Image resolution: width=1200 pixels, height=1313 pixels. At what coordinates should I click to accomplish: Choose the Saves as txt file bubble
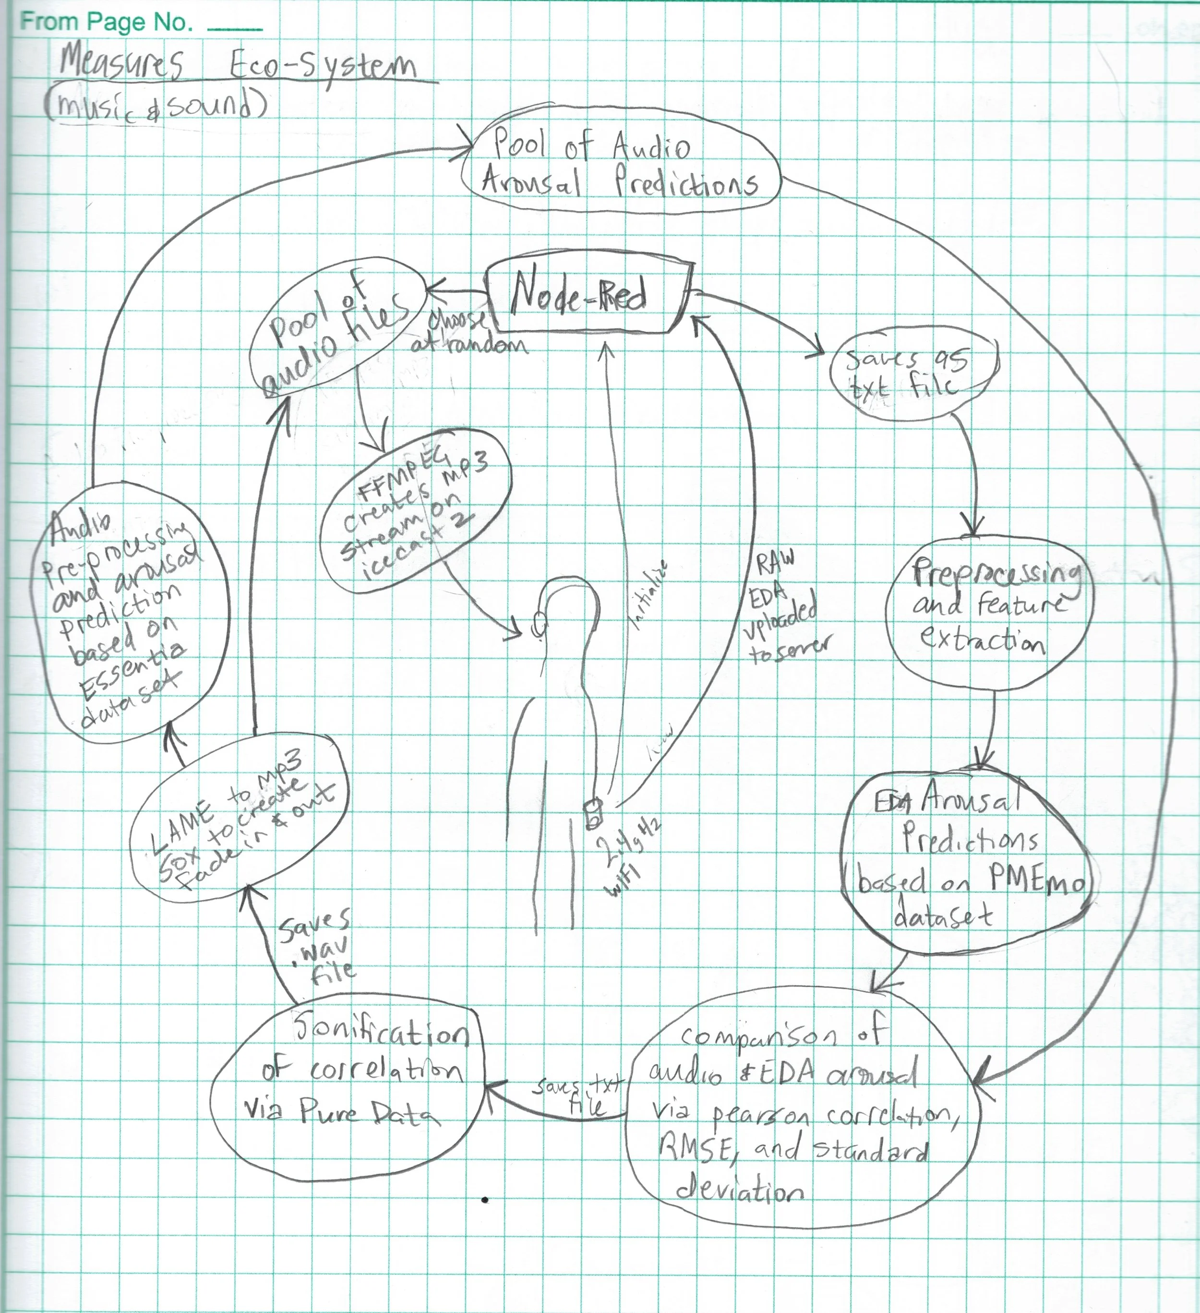click(913, 376)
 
